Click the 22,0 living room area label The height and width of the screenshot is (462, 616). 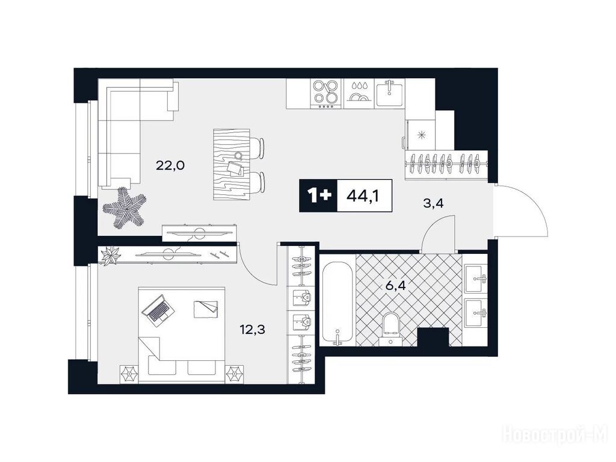pos(170,165)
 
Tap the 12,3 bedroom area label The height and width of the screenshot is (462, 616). pos(253,329)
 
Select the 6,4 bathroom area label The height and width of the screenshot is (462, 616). pos(395,285)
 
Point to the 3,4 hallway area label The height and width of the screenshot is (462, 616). pos(434,204)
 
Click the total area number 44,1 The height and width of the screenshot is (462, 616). pos(363,196)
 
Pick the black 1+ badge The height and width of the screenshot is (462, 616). pos(318,196)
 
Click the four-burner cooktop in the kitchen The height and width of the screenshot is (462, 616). pos(325,94)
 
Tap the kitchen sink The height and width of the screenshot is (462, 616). pos(389,93)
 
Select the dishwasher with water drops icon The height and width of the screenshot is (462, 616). pos(359,94)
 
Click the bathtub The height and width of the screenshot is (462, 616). pos(337,303)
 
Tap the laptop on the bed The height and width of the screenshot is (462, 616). pos(158,309)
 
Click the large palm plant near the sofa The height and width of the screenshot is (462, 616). pos(125,207)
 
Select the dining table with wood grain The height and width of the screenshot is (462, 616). pos(232,164)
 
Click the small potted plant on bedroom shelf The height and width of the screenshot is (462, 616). pos(111,256)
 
